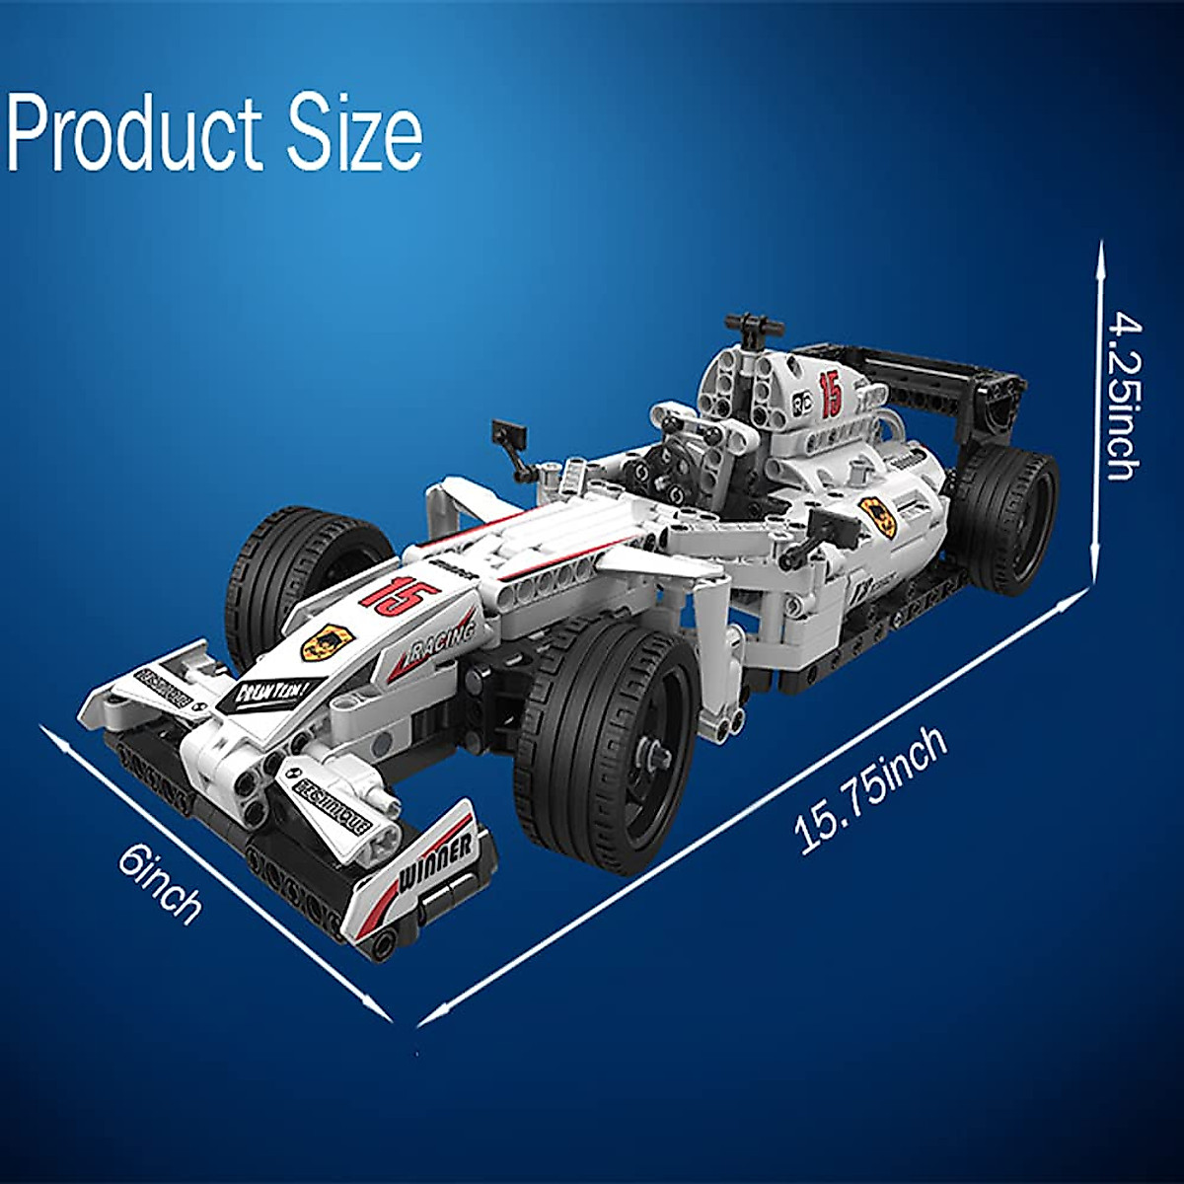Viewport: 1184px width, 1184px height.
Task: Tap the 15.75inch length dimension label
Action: pyautogui.click(x=872, y=790)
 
